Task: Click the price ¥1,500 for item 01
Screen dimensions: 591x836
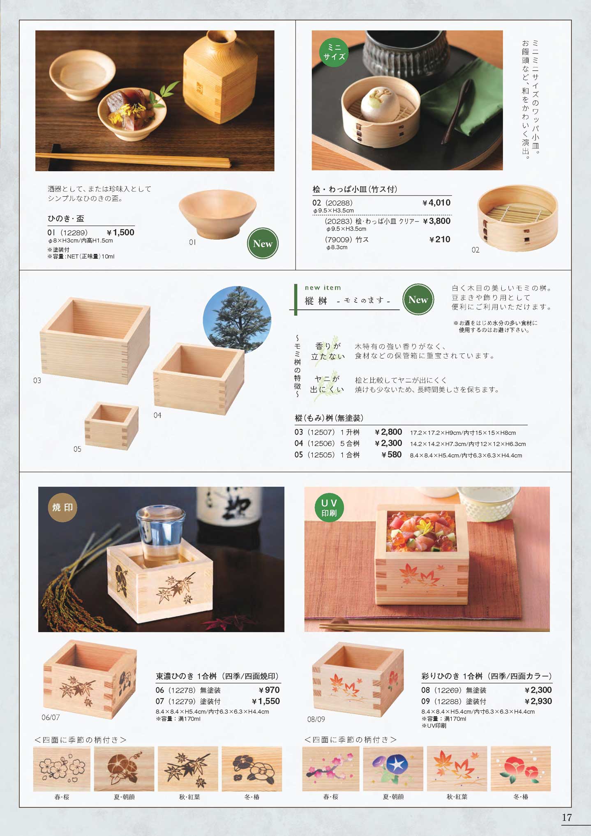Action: click(120, 233)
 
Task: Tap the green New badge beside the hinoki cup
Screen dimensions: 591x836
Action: click(263, 243)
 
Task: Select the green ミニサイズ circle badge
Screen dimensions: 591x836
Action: click(334, 52)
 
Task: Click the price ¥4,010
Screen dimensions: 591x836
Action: click(436, 203)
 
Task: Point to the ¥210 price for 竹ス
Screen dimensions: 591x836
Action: click(440, 239)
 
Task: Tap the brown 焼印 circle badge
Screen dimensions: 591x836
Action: click(62, 508)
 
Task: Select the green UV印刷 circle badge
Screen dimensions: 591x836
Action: click(329, 508)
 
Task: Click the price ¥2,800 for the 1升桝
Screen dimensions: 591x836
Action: click(388, 432)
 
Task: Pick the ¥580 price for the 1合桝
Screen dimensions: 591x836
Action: click(391, 454)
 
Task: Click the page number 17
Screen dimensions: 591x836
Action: click(567, 818)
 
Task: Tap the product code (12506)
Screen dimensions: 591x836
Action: click(321, 444)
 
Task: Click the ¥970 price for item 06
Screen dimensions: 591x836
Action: click(269, 690)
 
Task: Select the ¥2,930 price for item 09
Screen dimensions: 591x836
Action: click(538, 701)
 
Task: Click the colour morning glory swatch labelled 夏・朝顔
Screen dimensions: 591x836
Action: click(393, 769)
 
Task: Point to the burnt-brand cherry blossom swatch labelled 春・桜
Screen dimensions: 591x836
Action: click(62, 769)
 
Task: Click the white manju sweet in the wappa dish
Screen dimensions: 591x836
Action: click(380, 101)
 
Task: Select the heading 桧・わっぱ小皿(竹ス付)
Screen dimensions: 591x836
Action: click(355, 189)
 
